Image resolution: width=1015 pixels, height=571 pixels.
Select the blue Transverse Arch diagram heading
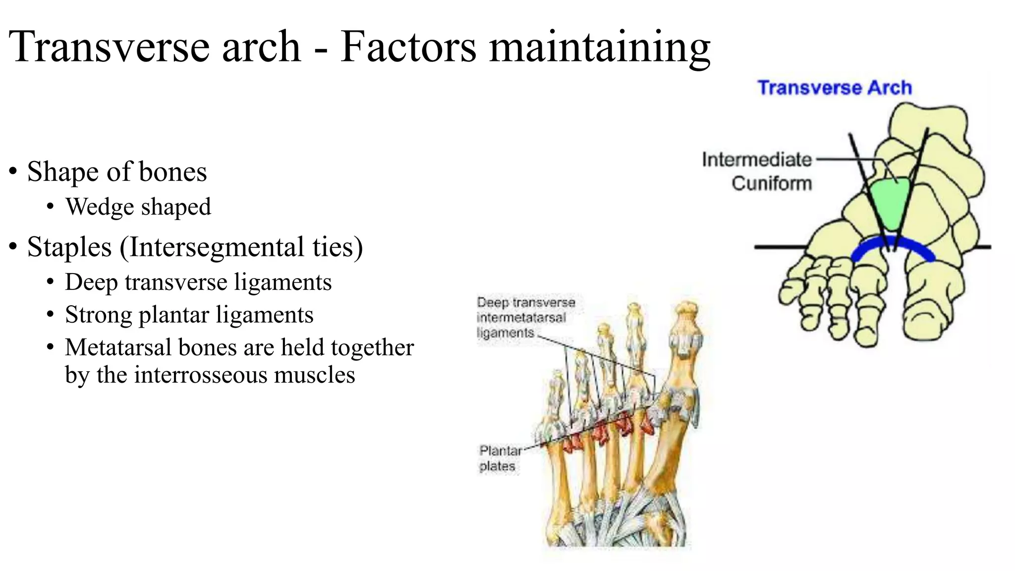[x=835, y=88]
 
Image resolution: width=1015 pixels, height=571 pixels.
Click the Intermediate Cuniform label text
[x=757, y=171]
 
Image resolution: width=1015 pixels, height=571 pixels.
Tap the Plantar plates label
[x=500, y=458]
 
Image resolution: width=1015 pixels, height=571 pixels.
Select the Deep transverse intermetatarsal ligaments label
[x=526, y=317]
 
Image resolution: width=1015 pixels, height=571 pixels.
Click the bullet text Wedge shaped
[x=138, y=207]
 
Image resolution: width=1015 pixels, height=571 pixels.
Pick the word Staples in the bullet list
[x=69, y=247]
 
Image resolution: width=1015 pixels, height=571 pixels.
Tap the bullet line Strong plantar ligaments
[x=189, y=315]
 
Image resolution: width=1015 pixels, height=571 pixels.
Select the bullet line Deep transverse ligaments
[x=198, y=282]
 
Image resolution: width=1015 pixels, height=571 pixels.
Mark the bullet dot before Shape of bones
[x=13, y=171]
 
